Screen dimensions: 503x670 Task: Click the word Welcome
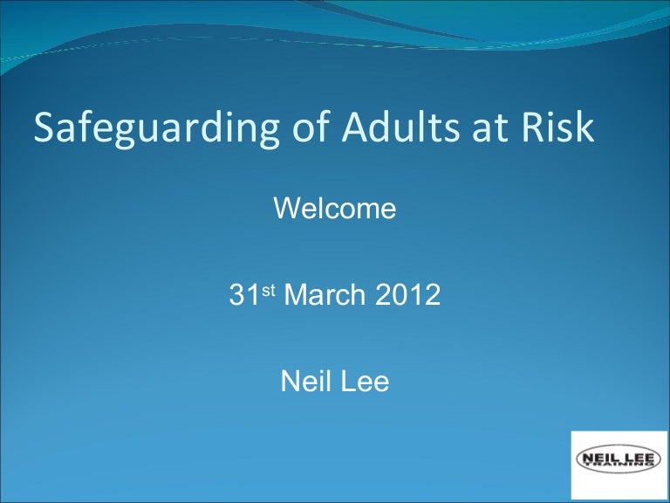335,210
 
